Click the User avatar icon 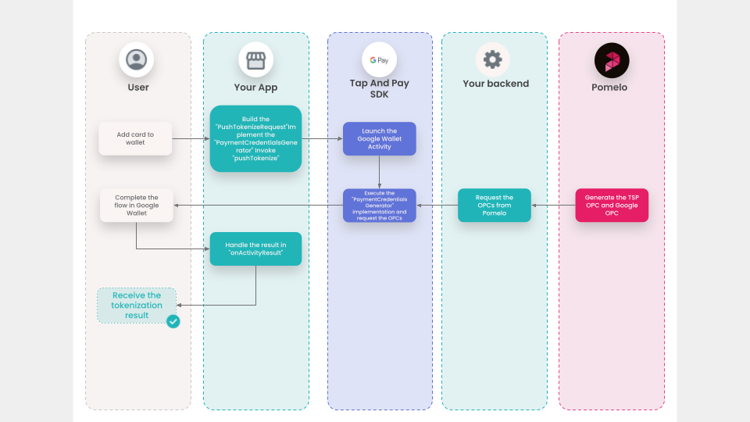136,60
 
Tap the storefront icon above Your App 256,60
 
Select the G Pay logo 380,60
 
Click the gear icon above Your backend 493,60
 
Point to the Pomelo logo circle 612,60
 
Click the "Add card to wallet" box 135,139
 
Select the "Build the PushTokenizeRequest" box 256,139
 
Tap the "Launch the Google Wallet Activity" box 380,139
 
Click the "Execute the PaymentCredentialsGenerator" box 380,206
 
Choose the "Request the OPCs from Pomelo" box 494,206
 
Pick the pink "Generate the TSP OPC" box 612,206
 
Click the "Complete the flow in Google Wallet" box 136,206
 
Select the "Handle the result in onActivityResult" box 256,249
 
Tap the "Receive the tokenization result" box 136,306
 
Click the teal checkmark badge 173,321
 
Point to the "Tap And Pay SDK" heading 380,88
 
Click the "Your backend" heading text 496,84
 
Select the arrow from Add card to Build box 191,139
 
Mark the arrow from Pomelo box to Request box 553,206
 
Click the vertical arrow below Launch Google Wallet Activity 380,172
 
